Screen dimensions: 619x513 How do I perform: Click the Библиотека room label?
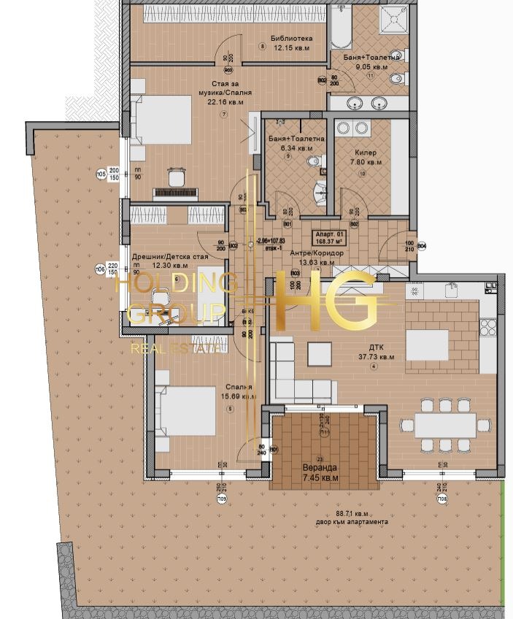tap(291, 38)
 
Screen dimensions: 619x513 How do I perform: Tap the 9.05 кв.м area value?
tap(370, 66)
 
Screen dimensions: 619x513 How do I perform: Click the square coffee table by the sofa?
tap(320, 353)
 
